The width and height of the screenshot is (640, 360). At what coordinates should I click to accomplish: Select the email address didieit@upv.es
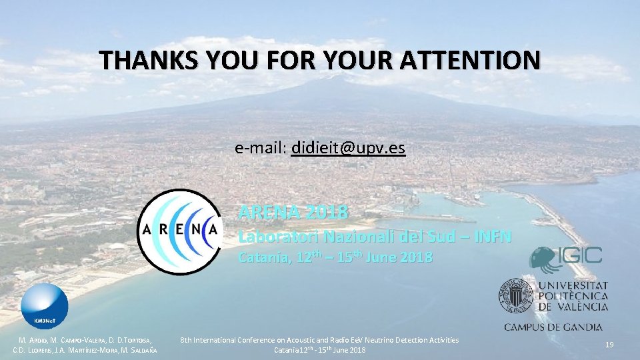[348, 148]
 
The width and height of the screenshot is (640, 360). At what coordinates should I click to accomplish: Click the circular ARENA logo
[179, 231]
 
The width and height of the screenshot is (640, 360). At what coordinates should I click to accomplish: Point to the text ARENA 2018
[293, 213]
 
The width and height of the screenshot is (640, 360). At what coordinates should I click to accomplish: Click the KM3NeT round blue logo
[45, 306]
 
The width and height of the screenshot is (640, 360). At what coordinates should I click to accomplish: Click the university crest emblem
[515, 295]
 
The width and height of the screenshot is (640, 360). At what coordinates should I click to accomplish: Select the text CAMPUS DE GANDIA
[553, 327]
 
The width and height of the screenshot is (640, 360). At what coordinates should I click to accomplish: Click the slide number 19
[609, 345]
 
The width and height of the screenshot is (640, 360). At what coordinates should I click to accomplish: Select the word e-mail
[260, 148]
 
